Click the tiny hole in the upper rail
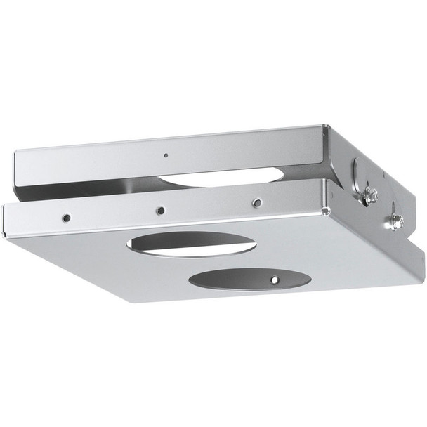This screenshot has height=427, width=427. pyautogui.click(x=165, y=156)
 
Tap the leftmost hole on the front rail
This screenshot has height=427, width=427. pyautogui.click(x=65, y=218)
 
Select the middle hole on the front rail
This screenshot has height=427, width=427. pyautogui.click(x=160, y=210)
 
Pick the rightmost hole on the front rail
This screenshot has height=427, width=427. pyautogui.click(x=257, y=203)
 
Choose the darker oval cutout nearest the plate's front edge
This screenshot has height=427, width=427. pyautogui.click(x=249, y=278)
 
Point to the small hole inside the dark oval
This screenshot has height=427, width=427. pyautogui.click(x=274, y=280)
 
